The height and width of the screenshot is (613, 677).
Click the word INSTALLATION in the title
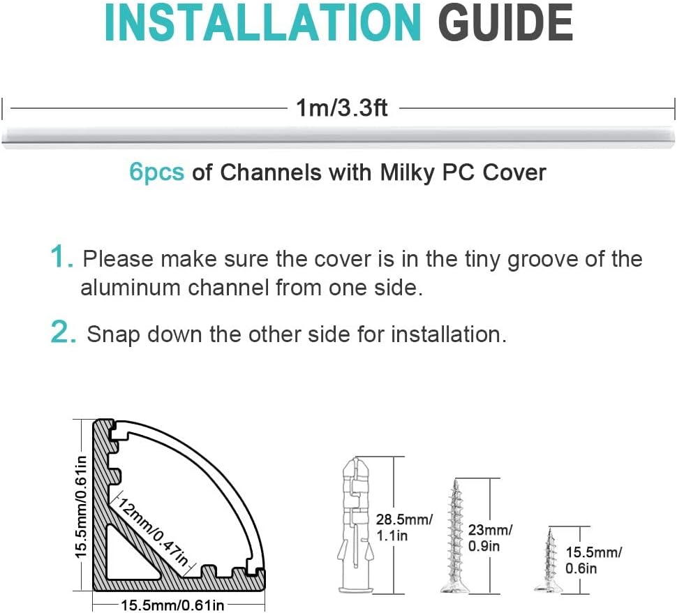263,22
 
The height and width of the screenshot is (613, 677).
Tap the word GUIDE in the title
505,22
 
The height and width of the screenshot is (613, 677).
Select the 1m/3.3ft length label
341,108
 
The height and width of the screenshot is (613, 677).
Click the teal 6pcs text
156,172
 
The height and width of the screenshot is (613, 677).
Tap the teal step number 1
61,257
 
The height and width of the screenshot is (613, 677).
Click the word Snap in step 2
114,335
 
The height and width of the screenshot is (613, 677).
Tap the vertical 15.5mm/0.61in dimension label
81,506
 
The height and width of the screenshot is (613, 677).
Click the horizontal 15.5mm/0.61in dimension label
172,605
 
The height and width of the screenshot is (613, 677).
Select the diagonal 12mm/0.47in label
154,532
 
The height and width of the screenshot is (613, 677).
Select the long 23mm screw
454,536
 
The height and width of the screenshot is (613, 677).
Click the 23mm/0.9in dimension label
491,538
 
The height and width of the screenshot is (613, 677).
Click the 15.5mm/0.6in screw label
594,561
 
